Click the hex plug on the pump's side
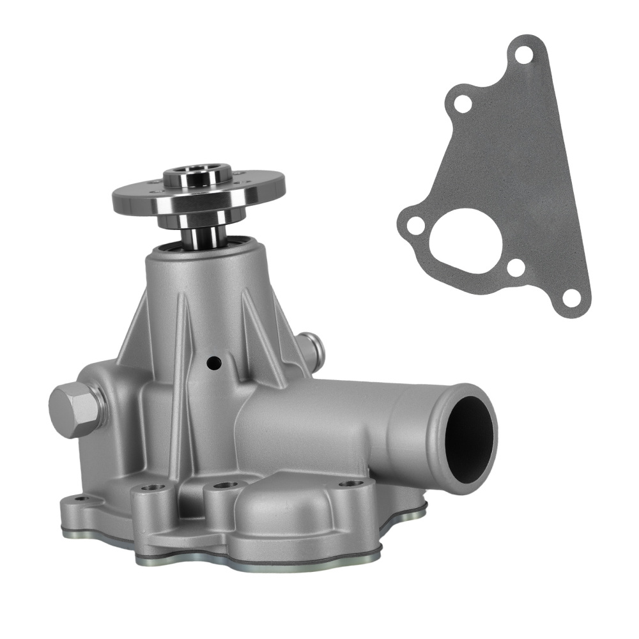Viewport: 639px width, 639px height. coord(75,410)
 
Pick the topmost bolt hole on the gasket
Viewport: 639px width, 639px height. coord(524,54)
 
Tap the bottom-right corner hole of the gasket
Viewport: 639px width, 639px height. coord(572,298)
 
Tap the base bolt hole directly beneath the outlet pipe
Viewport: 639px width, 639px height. coord(351,483)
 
